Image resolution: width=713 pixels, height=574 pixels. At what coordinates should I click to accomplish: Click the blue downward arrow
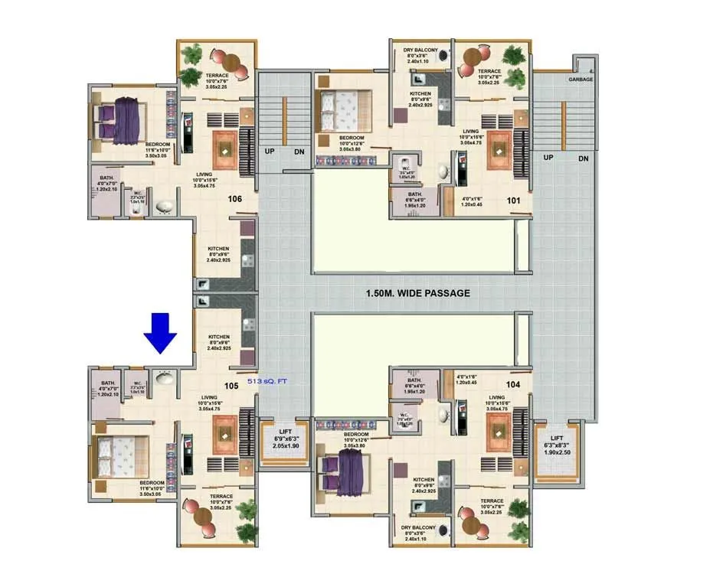click(x=162, y=332)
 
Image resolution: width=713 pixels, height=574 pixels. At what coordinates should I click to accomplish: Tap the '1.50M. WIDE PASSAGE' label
click(x=417, y=292)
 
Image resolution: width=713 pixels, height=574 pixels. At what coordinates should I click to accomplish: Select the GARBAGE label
click(x=581, y=79)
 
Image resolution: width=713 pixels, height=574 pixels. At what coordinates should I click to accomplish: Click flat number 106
click(x=235, y=199)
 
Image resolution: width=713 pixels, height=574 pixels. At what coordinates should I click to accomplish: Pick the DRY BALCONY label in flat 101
click(x=420, y=51)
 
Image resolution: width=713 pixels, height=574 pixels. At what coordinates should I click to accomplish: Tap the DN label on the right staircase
click(x=583, y=158)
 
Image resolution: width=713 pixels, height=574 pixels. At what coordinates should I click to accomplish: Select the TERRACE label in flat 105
click(x=221, y=497)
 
